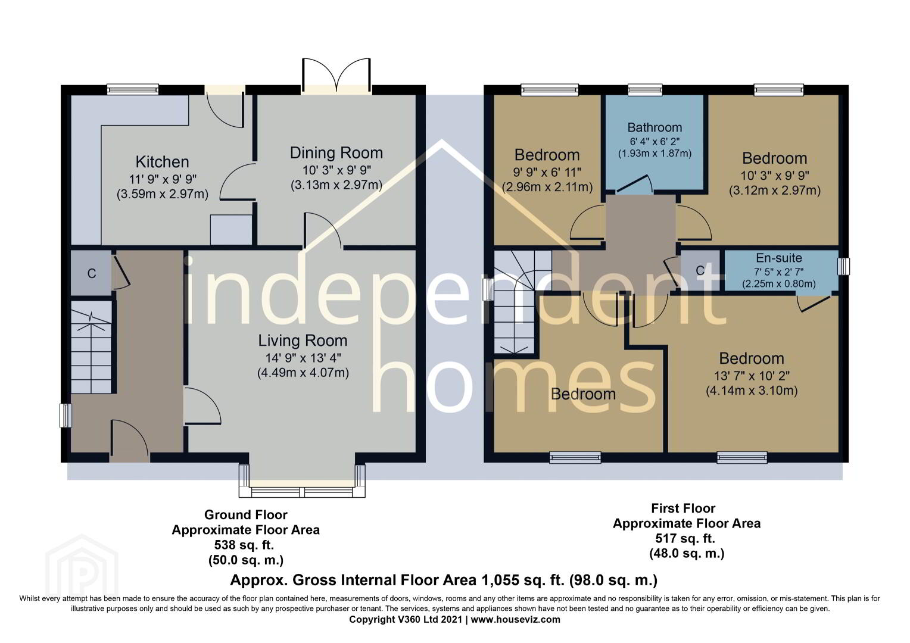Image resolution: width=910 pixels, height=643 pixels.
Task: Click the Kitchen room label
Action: click(162, 162)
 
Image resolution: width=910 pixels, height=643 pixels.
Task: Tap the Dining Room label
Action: click(336, 153)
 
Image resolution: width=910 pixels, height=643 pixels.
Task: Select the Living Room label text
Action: click(303, 341)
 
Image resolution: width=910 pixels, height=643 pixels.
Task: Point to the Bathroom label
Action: click(655, 127)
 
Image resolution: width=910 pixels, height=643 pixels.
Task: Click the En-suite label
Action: click(779, 258)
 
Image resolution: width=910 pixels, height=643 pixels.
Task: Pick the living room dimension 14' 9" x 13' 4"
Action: click(303, 358)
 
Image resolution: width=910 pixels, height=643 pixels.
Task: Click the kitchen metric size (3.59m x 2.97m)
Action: click(163, 194)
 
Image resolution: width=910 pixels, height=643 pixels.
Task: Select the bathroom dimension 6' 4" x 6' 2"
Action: click(655, 141)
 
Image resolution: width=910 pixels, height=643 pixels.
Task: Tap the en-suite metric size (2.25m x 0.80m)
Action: click(779, 284)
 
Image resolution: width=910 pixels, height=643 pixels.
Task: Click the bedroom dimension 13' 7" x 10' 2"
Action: click(752, 376)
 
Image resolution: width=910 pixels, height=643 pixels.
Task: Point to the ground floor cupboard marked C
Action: click(91, 273)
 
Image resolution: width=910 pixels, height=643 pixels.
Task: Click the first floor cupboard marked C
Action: click(700, 270)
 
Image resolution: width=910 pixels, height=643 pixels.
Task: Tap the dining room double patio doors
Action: click(336, 76)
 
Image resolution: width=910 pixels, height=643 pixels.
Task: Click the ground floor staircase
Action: click(91, 347)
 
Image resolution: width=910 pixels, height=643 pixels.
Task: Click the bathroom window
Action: click(645, 90)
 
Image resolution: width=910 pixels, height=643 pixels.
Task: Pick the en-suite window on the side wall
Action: click(844, 267)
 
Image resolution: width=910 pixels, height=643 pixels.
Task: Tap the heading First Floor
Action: click(683, 508)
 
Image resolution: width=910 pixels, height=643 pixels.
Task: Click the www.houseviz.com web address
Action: click(516, 619)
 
